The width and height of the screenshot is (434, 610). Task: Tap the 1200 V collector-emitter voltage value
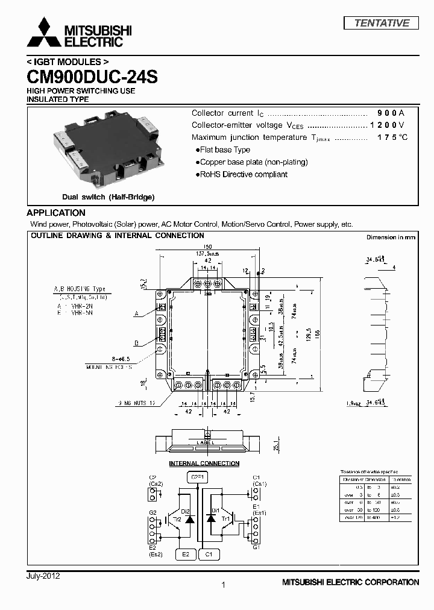387,125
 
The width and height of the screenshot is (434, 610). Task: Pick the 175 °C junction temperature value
392,137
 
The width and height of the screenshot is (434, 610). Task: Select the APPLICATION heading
56,213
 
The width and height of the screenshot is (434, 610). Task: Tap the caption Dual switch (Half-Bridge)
108,197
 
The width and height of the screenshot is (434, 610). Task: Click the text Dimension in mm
391,237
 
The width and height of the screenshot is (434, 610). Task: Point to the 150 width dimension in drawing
207,247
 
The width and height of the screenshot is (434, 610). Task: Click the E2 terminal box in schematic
186,554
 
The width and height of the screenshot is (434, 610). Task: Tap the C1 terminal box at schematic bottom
209,554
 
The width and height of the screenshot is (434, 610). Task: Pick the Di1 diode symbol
210,518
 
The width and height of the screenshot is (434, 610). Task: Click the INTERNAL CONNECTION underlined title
204,464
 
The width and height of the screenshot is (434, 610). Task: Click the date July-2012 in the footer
43,576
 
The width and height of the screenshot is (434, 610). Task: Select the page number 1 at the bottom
224,585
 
